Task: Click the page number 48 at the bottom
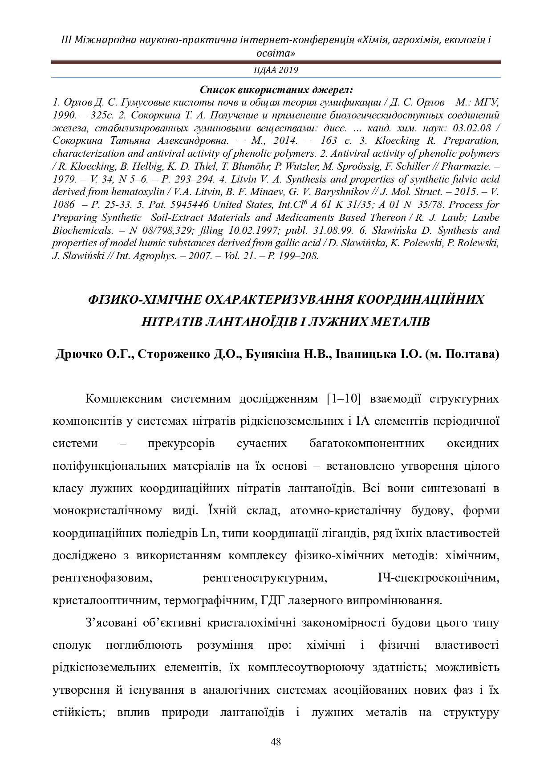point(276,742)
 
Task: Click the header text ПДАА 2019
point(276,70)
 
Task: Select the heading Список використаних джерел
point(276,89)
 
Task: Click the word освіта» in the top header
point(276,53)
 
